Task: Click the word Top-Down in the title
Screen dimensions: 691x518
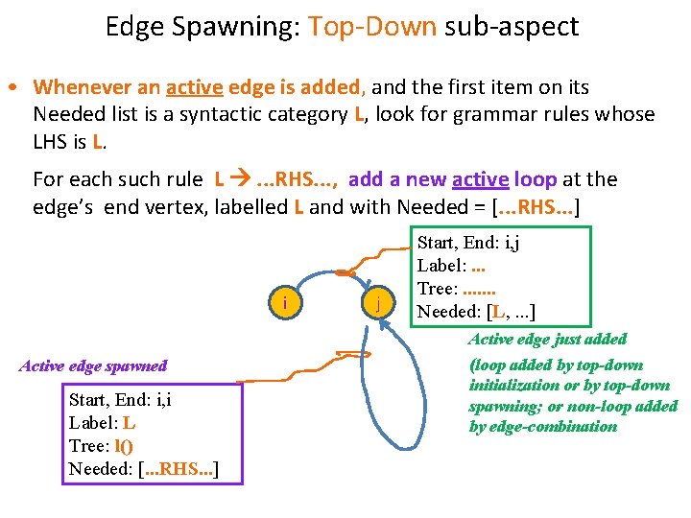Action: click(x=372, y=26)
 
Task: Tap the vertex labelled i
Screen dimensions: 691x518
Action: click(x=286, y=304)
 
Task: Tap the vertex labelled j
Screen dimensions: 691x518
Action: click(x=379, y=304)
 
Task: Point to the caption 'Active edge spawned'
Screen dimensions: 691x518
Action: click(x=93, y=365)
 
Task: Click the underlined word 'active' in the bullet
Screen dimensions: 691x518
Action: click(x=195, y=87)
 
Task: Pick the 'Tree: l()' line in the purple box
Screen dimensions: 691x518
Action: click(x=101, y=445)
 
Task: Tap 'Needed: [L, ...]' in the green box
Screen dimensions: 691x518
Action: click(x=476, y=311)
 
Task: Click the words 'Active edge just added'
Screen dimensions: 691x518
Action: click(x=547, y=339)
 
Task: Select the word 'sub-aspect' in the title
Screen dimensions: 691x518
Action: click(x=512, y=26)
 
